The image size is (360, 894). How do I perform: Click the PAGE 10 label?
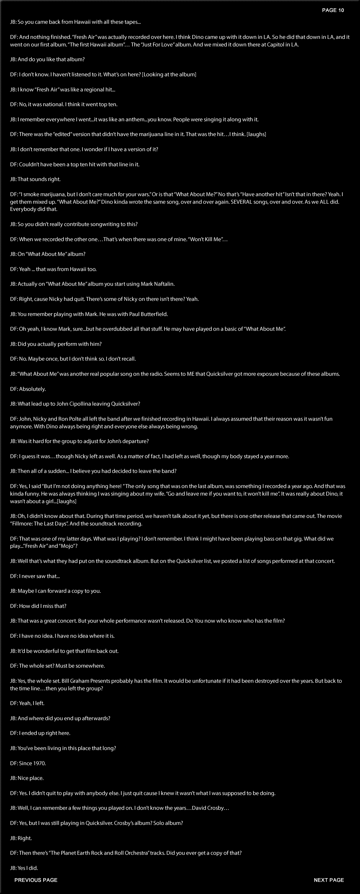point(333,10)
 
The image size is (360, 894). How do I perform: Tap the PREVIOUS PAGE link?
point(36,880)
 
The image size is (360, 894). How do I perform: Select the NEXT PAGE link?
point(329,880)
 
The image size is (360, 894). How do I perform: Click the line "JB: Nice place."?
point(27,778)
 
